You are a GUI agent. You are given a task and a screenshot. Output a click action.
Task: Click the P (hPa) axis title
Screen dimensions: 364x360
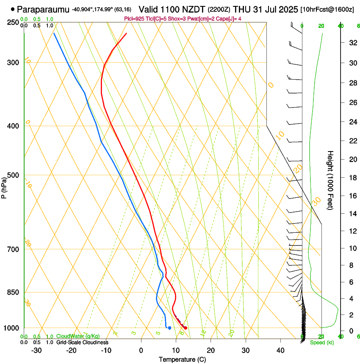tap(4, 186)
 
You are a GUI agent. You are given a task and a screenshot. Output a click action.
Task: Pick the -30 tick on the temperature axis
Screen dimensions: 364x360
tap(36, 350)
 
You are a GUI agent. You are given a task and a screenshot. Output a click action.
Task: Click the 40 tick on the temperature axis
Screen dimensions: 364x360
tap(280, 350)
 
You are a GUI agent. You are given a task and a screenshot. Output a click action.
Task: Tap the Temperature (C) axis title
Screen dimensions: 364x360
tap(182, 359)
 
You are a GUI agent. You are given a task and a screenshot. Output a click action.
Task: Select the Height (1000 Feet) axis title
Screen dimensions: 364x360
tap(330, 180)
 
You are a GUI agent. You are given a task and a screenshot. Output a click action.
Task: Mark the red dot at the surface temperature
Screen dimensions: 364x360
tap(186, 328)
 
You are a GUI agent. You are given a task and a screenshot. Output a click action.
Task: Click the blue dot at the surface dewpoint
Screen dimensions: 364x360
tap(169, 328)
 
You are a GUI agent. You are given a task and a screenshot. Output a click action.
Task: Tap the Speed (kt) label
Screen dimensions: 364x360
tap(322, 342)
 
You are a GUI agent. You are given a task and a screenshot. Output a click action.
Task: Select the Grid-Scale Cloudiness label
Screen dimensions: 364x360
tap(82, 342)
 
